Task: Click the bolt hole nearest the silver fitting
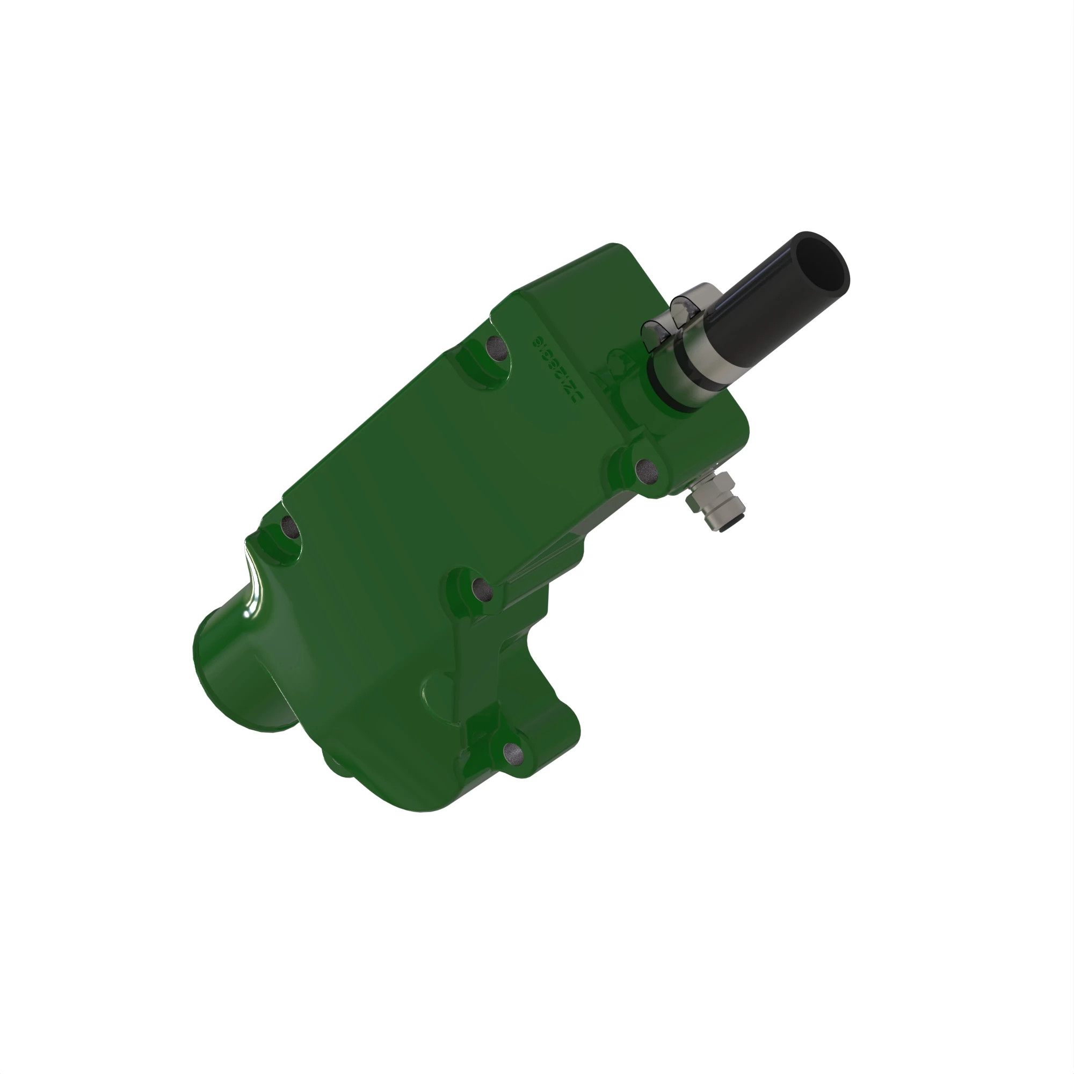[647, 470]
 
